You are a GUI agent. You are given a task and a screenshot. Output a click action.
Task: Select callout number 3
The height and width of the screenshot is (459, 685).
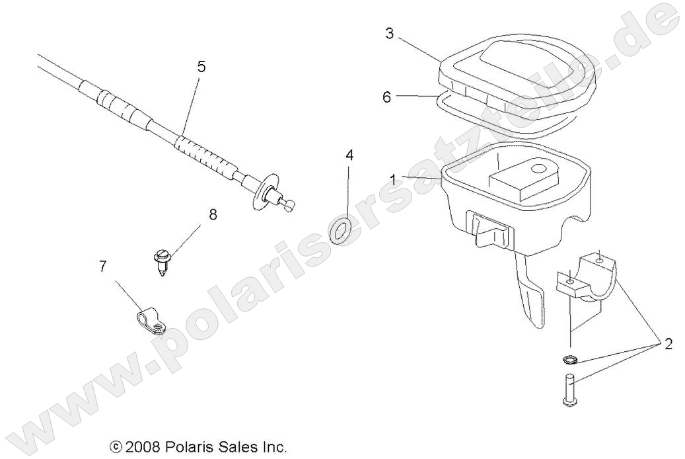coord(390,33)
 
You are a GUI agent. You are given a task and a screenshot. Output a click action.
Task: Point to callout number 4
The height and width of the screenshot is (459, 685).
coord(349,155)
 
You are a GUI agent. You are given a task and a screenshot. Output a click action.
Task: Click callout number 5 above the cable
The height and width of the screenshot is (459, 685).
coord(201,66)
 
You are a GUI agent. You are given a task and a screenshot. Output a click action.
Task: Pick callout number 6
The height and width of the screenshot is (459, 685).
coord(387,96)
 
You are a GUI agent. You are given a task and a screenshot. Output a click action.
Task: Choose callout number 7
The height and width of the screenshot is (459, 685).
coord(102,267)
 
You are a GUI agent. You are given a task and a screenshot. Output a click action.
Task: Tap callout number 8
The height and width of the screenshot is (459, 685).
coord(213,214)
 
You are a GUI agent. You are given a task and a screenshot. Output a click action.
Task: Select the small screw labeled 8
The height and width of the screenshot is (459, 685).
coord(161,259)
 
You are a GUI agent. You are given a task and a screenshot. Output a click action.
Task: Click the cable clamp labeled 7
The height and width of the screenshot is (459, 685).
coord(149,319)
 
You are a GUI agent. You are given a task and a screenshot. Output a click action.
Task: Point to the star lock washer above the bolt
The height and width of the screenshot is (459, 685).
coord(568,359)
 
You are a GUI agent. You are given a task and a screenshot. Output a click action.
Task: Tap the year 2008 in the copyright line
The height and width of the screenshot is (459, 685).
coord(139,447)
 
